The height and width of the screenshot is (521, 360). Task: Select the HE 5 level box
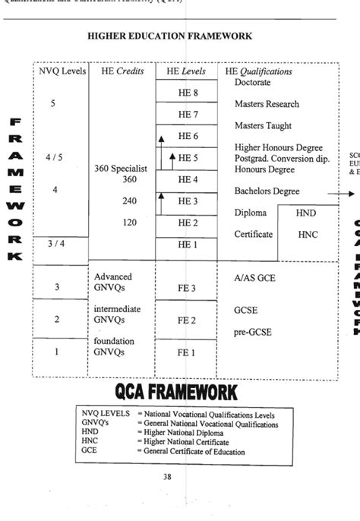tap(187, 157)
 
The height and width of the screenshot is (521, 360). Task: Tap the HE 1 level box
tap(187, 244)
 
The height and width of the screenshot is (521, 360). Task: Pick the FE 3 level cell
tap(187, 288)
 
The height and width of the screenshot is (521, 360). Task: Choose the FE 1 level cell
tap(187, 352)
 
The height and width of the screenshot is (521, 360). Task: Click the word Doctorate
tap(253, 82)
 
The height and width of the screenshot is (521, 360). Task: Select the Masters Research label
tap(267, 104)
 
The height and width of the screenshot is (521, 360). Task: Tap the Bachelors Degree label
tap(267, 191)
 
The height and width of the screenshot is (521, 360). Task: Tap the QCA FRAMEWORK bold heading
tap(176, 391)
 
